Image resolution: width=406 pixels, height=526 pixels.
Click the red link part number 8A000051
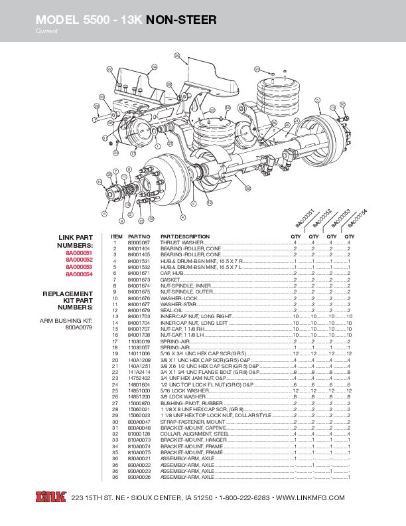tap(79, 254)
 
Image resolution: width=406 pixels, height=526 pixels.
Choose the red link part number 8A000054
tap(79, 274)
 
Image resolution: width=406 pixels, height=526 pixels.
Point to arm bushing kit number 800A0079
tap(79, 327)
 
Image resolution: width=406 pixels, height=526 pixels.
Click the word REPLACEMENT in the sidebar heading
tap(68, 294)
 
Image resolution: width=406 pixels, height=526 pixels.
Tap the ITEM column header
tap(117, 236)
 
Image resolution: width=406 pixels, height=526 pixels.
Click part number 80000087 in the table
tap(139, 244)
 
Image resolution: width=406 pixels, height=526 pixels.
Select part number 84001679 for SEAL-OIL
tap(139, 310)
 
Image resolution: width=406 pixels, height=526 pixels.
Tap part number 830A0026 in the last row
tap(139, 477)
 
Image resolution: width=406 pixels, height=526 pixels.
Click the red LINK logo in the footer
tap(50, 497)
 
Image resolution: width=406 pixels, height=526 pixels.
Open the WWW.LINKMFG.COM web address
tap(310, 498)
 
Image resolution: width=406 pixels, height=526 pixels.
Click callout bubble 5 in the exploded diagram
tap(318, 100)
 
